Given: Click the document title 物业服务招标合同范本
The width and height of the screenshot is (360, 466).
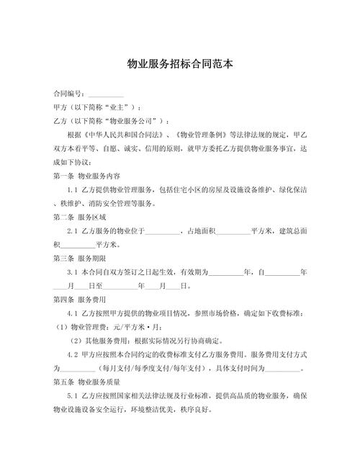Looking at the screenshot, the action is (x=179, y=63).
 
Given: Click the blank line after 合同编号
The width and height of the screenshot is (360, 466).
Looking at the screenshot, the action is (x=104, y=94).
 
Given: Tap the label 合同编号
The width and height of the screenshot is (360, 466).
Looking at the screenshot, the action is (x=67, y=94).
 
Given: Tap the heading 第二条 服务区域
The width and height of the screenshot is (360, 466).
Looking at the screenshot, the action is (x=80, y=216).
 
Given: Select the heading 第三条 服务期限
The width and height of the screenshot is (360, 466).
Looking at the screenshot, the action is (x=80, y=257).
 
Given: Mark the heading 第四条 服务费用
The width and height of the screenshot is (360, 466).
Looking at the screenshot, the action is (x=80, y=298).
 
